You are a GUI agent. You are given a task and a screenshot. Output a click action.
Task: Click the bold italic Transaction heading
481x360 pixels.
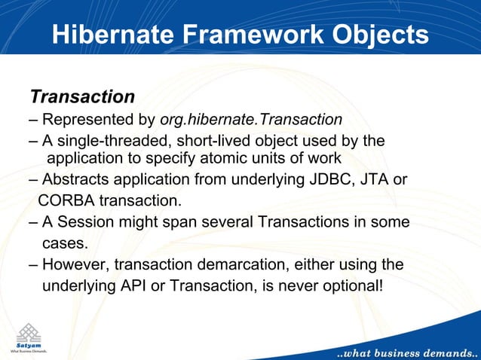(82, 97)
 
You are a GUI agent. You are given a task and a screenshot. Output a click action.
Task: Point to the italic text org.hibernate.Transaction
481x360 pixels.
(251, 120)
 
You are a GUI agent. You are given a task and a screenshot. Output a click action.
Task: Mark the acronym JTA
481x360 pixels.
(377, 180)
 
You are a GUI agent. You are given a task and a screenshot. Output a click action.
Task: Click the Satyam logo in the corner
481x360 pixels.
(29, 336)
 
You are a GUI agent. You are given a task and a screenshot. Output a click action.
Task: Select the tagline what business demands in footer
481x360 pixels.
(403, 352)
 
